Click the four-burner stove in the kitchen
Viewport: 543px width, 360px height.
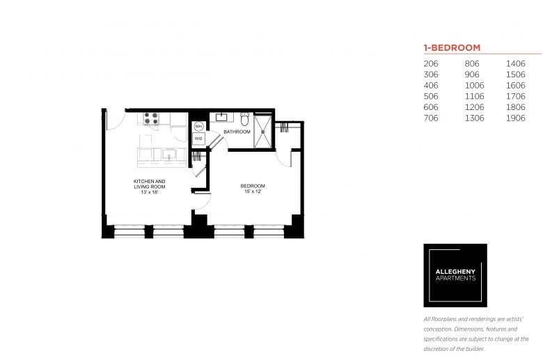pyautogui.click(x=151, y=118)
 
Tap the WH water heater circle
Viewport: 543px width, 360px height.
pyautogui.click(x=198, y=127)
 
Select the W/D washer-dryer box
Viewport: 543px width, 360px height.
pyautogui.click(x=198, y=139)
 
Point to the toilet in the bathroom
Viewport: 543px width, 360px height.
pyautogui.click(x=245, y=119)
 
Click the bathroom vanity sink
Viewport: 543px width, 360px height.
pyautogui.click(x=221, y=117)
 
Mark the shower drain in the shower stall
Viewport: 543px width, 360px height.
pyautogui.click(x=263, y=132)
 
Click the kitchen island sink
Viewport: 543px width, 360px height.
pyautogui.click(x=169, y=154)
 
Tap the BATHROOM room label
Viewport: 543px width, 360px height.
pyautogui.click(x=237, y=132)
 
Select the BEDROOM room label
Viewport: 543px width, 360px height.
pyautogui.click(x=253, y=186)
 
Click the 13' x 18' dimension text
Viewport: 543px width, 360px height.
pyautogui.click(x=150, y=192)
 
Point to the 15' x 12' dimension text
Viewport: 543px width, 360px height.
pyautogui.click(x=253, y=191)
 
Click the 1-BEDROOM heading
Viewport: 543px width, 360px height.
pyautogui.click(x=452, y=48)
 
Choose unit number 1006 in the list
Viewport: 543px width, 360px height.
pyautogui.click(x=474, y=86)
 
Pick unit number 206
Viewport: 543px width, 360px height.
pyautogui.click(x=431, y=64)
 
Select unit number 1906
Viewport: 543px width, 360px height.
pyautogui.click(x=515, y=118)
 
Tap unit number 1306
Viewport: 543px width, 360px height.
pyautogui.click(x=474, y=118)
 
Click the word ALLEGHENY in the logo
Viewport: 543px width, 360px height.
pyautogui.click(x=455, y=272)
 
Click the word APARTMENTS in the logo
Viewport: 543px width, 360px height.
pyautogui.click(x=455, y=279)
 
